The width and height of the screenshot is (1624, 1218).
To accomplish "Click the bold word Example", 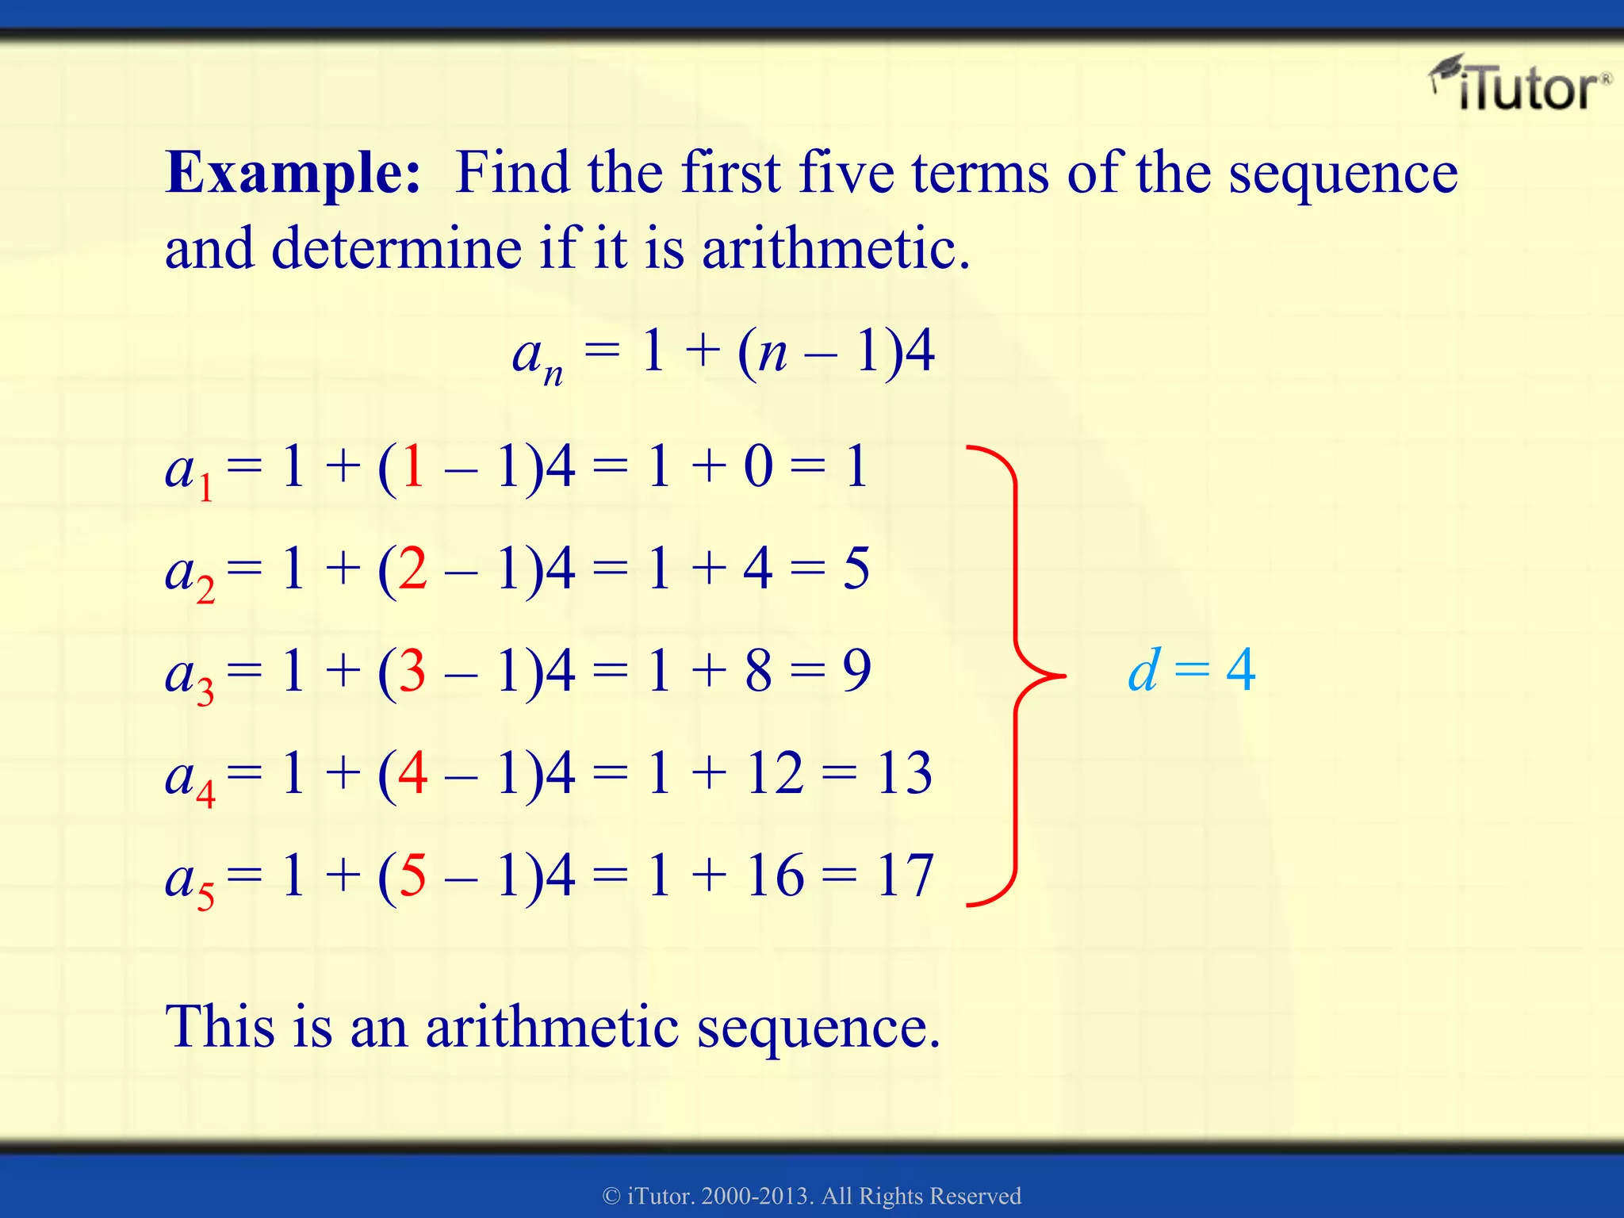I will (x=293, y=173).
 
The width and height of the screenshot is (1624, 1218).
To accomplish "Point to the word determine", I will (x=396, y=249).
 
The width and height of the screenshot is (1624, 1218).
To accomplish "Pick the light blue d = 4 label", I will (x=1191, y=671).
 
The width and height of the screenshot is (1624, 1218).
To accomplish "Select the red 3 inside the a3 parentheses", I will (x=412, y=671).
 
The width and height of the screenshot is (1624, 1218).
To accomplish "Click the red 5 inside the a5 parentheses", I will (x=412, y=876).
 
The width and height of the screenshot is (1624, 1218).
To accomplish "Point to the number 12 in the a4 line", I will (x=774, y=773).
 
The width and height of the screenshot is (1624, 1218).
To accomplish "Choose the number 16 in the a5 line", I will (x=774, y=876).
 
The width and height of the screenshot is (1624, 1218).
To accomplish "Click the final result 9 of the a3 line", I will (x=856, y=671).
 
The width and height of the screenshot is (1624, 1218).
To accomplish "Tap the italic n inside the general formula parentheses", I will (x=772, y=354).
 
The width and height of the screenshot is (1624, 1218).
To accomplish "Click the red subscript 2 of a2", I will (x=205, y=590).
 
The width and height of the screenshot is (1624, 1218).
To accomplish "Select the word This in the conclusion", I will (x=218, y=1027).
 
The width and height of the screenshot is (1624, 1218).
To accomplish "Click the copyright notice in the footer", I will (x=812, y=1196).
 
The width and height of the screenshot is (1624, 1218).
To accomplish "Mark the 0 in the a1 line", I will (x=758, y=467).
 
